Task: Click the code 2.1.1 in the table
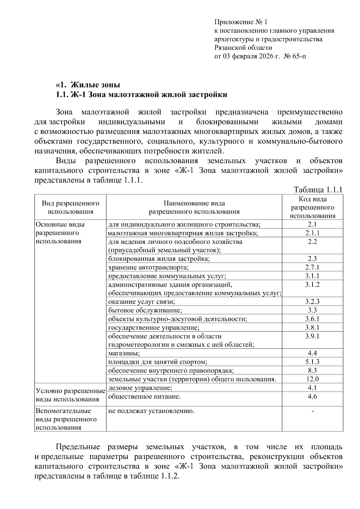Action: [312, 233]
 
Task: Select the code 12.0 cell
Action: [312, 379]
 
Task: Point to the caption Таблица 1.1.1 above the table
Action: [318, 190]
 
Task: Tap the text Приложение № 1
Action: [240, 22]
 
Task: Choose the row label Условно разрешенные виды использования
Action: [70, 395]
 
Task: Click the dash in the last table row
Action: [313, 411]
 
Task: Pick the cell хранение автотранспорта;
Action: [148, 267]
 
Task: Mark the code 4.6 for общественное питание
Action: [312, 397]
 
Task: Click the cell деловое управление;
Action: [140, 388]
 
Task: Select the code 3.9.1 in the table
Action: [312, 336]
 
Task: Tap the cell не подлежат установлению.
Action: [151, 411]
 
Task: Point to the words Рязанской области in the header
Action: [243, 48]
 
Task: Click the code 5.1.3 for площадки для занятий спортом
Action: [312, 362]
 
